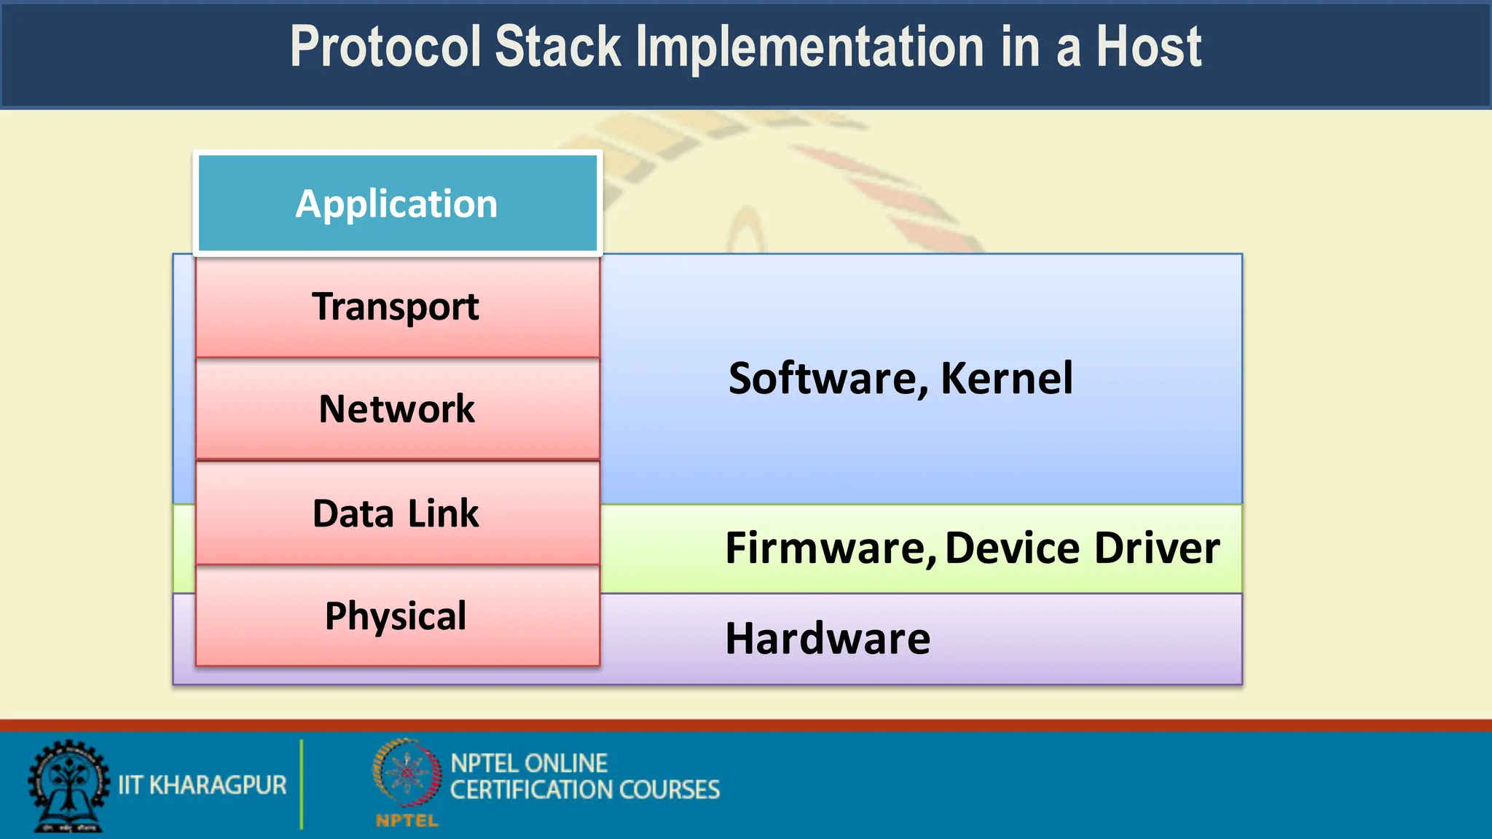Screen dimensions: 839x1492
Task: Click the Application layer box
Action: point(397,203)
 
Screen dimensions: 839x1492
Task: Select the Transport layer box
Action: point(397,307)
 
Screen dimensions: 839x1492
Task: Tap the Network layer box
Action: point(397,409)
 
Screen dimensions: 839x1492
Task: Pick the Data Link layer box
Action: point(397,513)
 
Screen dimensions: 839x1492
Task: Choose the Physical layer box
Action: point(397,616)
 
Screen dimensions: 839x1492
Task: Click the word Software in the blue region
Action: point(827,379)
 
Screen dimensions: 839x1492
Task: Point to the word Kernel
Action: point(1006,379)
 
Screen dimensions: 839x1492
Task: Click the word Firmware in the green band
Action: point(829,548)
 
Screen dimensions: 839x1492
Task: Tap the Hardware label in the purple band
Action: point(828,639)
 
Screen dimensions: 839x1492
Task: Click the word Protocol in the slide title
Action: point(385,47)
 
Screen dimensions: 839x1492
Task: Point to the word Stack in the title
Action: point(557,47)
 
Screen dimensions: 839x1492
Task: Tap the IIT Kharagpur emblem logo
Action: point(68,786)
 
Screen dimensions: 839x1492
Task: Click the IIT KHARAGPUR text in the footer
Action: point(203,785)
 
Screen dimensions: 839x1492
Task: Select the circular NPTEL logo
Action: point(407,773)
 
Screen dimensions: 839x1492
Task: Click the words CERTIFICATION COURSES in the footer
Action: point(584,790)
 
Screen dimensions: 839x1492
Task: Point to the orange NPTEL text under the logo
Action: point(407,821)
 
